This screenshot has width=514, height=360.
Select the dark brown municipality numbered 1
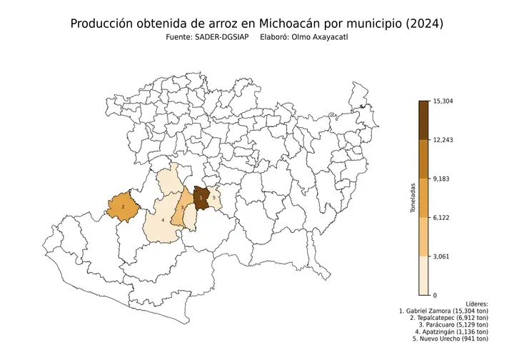click(201, 196)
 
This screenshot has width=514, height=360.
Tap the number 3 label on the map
click(183, 207)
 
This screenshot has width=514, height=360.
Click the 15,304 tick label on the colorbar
click(443, 101)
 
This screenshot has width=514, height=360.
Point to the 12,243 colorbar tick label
click(443, 140)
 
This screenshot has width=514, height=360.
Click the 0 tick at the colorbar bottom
click(435, 294)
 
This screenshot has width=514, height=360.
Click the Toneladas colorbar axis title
click(413, 198)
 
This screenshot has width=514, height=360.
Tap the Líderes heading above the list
click(476, 304)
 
